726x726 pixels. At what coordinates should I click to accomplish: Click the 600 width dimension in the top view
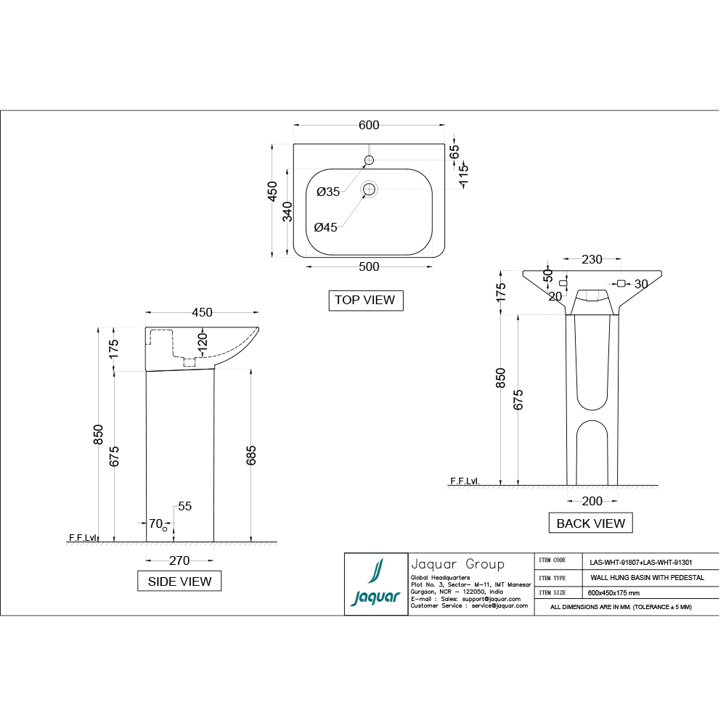(x=369, y=126)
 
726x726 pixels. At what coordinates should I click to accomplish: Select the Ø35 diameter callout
(x=328, y=192)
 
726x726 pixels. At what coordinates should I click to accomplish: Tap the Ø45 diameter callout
(x=326, y=227)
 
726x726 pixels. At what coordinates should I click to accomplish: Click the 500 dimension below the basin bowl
(x=369, y=266)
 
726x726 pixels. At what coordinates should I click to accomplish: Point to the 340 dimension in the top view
(x=287, y=212)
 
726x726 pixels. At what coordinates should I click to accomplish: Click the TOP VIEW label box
(x=365, y=300)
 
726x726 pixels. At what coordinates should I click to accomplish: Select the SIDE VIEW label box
(x=179, y=581)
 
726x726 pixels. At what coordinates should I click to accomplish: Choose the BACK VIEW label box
(x=590, y=523)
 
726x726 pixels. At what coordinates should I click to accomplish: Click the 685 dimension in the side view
(x=252, y=455)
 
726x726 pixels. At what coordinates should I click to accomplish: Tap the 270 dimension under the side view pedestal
(x=179, y=560)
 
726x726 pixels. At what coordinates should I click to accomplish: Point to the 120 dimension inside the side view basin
(x=203, y=340)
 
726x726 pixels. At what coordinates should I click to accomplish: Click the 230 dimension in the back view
(x=592, y=259)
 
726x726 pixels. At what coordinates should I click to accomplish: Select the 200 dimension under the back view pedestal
(x=592, y=501)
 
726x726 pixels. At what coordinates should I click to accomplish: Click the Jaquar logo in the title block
(x=375, y=584)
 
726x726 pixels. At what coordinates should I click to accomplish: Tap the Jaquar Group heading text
(x=457, y=564)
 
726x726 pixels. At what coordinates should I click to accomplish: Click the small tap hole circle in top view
(x=369, y=160)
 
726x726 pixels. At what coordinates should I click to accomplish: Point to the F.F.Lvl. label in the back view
(x=465, y=481)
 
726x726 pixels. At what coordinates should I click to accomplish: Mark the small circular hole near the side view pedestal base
(x=165, y=529)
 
